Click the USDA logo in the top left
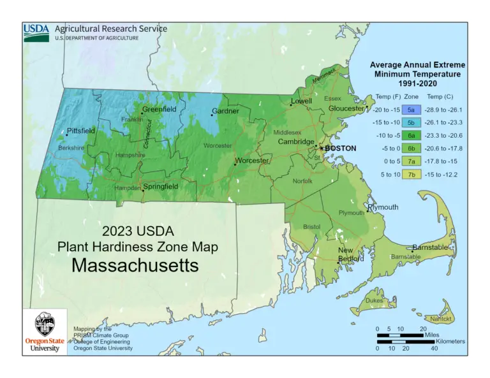[x=36, y=33]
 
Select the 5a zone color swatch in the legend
[x=412, y=109]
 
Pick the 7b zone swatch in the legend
[x=412, y=174]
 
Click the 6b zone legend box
[x=412, y=148]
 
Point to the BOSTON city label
[x=340, y=148]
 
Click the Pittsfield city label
[x=80, y=131]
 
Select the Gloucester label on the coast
[x=346, y=108]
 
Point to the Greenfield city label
[x=159, y=109]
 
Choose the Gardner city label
[x=225, y=112]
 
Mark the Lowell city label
[x=301, y=101]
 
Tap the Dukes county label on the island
[x=374, y=300]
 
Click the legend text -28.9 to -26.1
[x=447, y=109]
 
